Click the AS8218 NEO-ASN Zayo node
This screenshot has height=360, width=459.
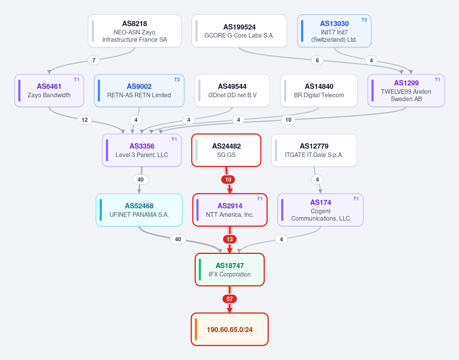pyautogui.click(x=135, y=31)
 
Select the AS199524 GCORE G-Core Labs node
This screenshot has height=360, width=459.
pyautogui.click(x=239, y=31)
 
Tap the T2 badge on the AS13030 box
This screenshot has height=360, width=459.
pyautogui.click(x=364, y=20)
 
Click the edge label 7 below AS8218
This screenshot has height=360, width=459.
pyautogui.click(x=94, y=61)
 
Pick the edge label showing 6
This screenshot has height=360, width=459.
pyautogui.click(x=317, y=61)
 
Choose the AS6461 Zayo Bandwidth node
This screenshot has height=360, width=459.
pyautogui.click(x=49, y=90)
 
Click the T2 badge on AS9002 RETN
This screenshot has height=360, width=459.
pyautogui.click(x=177, y=80)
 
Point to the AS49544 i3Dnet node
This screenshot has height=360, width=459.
pyautogui.click(x=232, y=90)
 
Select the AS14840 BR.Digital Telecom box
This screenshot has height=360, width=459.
pyautogui.click(x=319, y=90)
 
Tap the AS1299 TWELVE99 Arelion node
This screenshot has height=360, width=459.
pyautogui.click(x=406, y=90)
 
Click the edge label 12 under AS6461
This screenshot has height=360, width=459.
pyautogui.click(x=85, y=120)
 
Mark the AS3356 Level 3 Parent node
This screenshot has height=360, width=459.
pyautogui.click(x=142, y=150)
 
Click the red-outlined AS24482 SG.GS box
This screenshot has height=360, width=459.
pyautogui.click(x=226, y=150)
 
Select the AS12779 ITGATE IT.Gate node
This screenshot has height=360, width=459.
pyautogui.click(x=314, y=150)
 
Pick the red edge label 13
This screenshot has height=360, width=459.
pyautogui.click(x=230, y=239)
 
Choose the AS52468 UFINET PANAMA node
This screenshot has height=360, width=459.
pyautogui.click(x=139, y=210)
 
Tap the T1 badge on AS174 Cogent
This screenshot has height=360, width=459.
pyautogui.click(x=356, y=199)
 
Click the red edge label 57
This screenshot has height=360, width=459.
pyautogui.click(x=230, y=299)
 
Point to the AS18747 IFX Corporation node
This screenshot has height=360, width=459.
pyautogui.click(x=230, y=270)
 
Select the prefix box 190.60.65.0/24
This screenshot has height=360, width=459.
pyautogui.click(x=230, y=329)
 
